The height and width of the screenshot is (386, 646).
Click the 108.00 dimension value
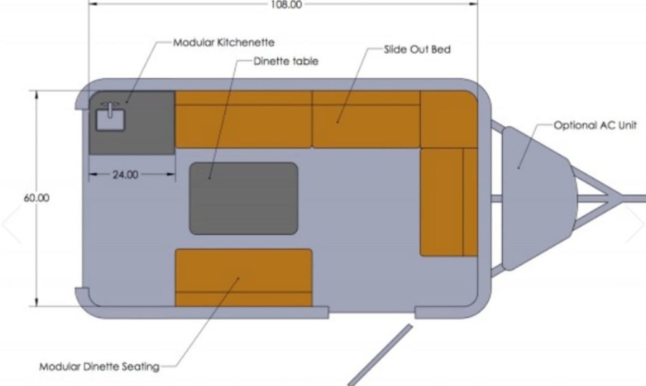(x=286, y=4)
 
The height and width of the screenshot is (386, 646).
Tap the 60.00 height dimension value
(x=37, y=198)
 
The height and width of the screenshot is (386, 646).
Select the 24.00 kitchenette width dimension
(x=125, y=175)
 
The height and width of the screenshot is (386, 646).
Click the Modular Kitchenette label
(x=224, y=42)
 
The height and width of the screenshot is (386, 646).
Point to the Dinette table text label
(x=286, y=61)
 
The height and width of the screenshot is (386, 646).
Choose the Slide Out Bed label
(x=417, y=49)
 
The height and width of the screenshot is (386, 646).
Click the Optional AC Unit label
(x=595, y=125)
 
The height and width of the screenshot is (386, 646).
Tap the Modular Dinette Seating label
(x=99, y=366)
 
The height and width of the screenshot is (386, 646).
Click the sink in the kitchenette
(x=110, y=120)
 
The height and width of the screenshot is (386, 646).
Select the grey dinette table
(x=243, y=198)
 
